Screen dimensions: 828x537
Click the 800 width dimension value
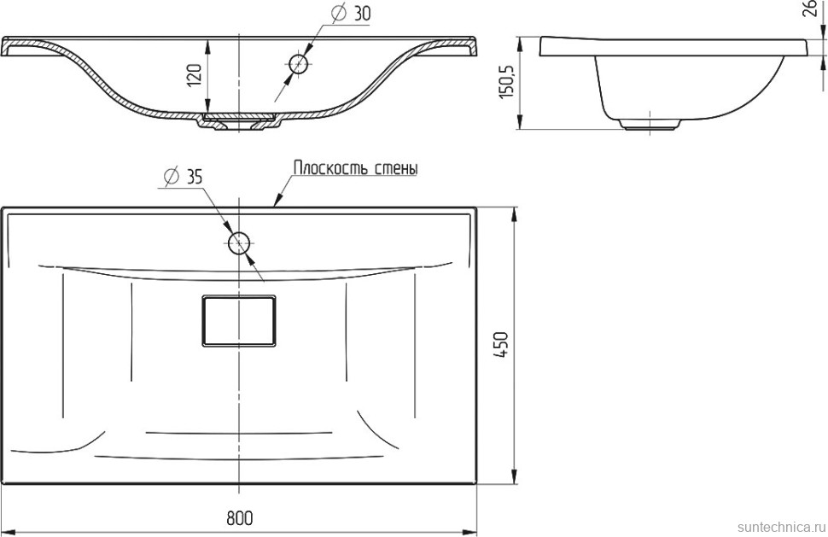(x=240, y=518)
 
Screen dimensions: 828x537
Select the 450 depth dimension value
(x=501, y=346)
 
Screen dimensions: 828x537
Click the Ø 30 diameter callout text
(x=351, y=13)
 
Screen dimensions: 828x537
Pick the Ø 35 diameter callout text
(x=183, y=177)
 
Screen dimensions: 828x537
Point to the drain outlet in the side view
(x=649, y=125)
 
